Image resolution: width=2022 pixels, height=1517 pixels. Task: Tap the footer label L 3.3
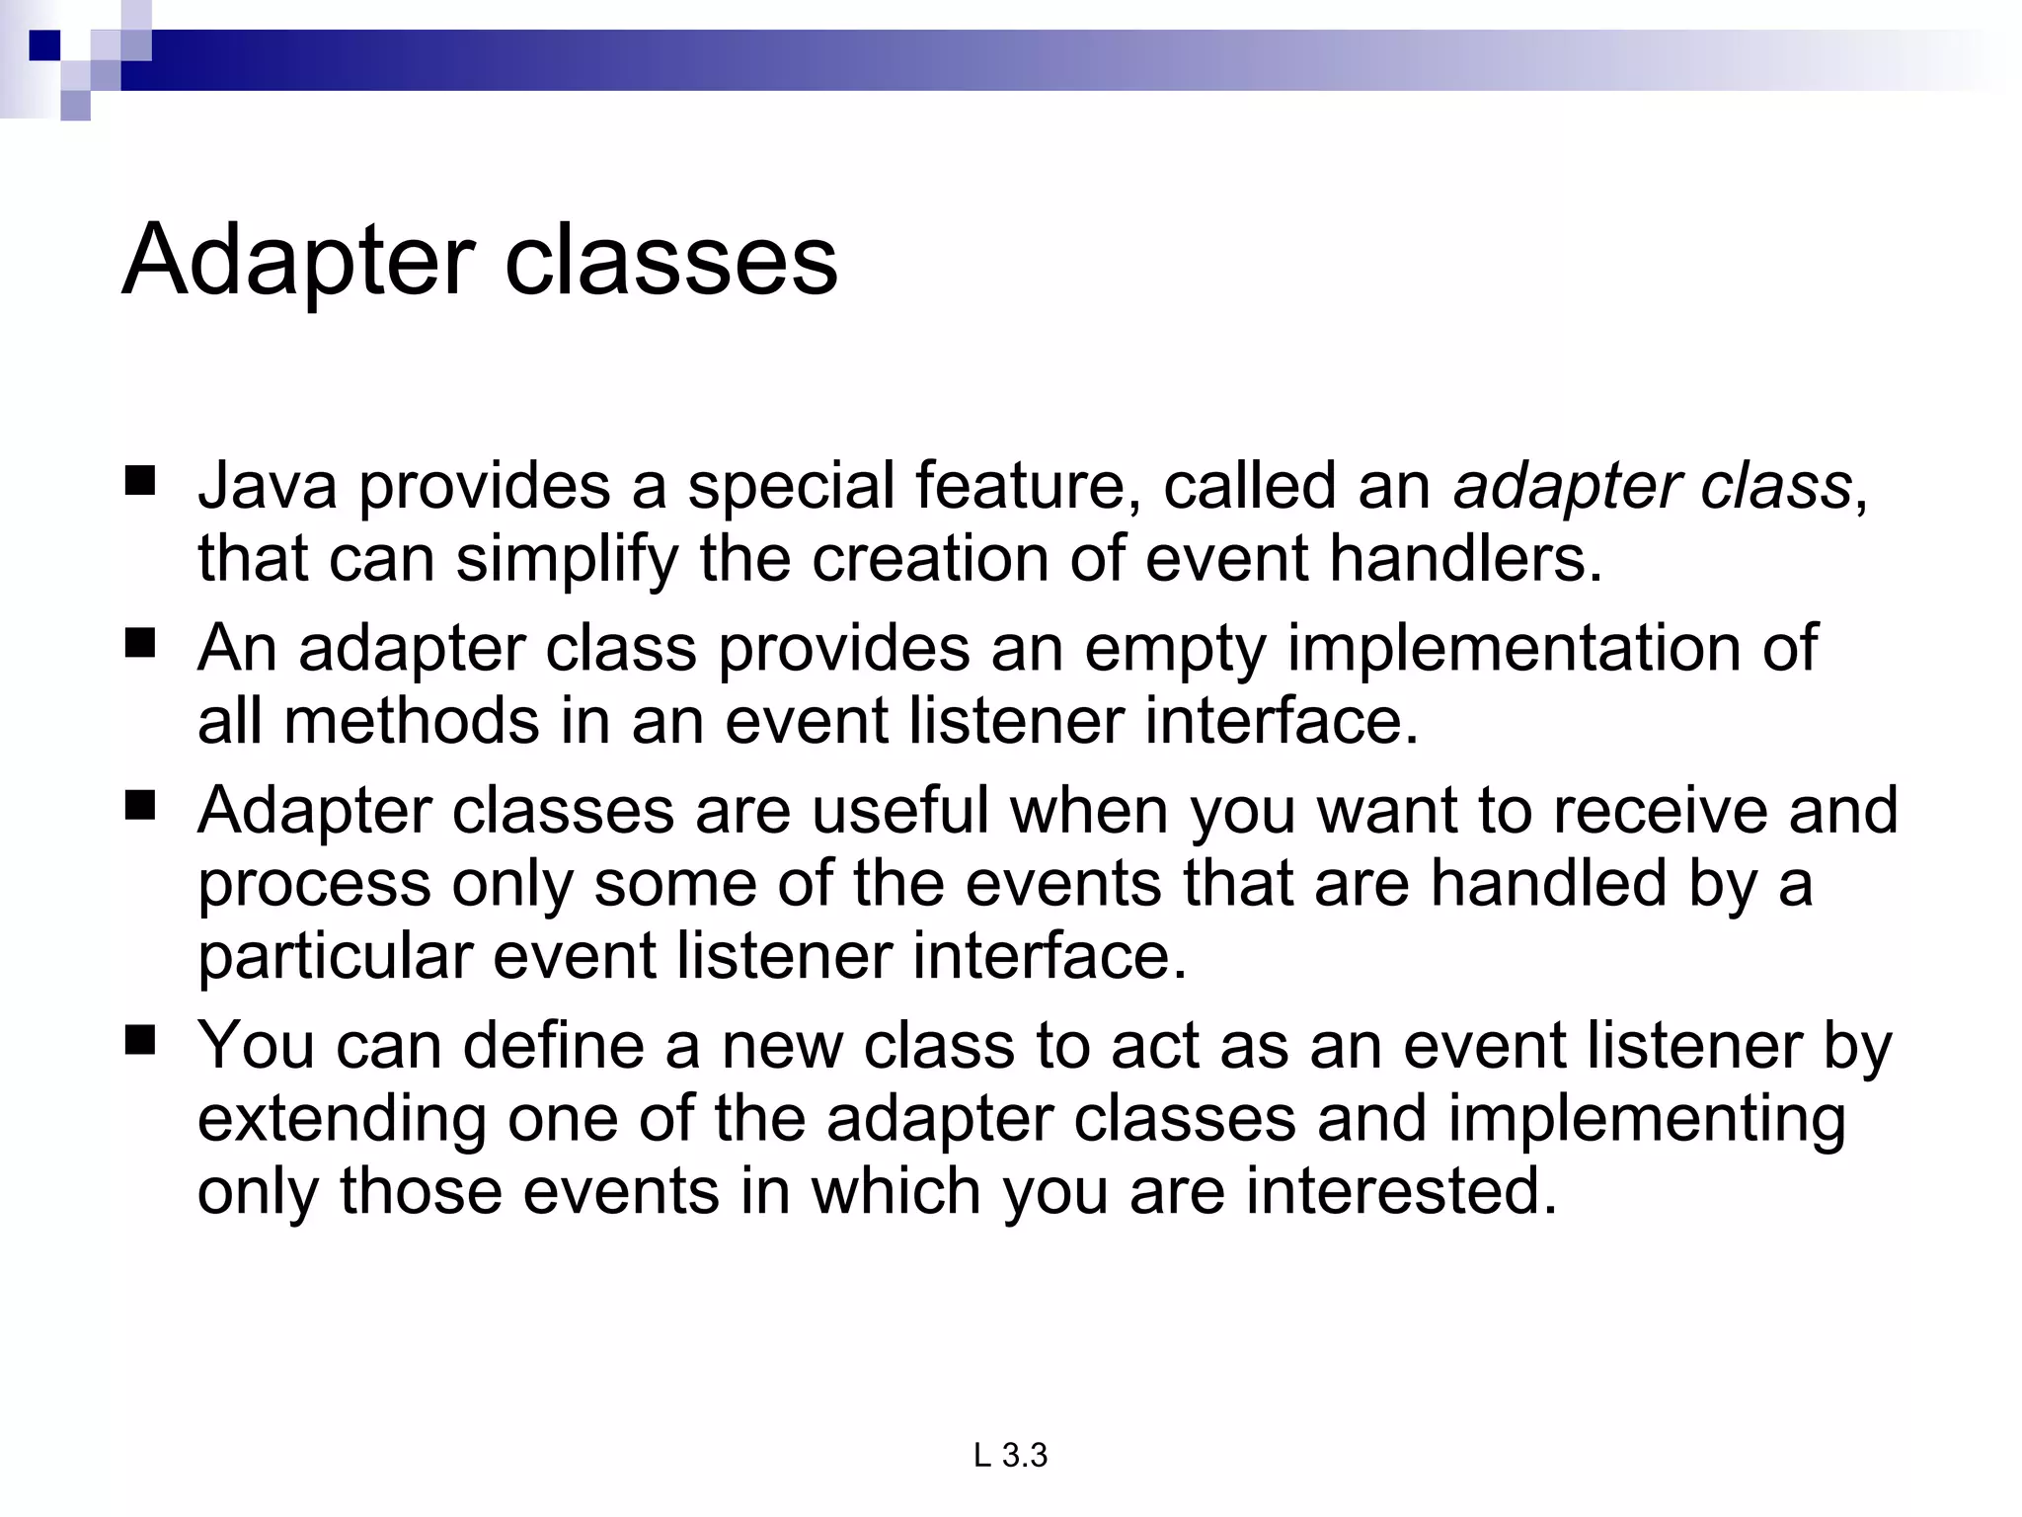pyautogui.click(x=1010, y=1455)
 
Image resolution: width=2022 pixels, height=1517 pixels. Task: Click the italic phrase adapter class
pyautogui.click(x=1652, y=486)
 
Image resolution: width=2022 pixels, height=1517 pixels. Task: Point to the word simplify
pyautogui.click(x=567, y=559)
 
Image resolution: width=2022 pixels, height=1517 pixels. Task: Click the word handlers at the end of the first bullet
pyautogui.click(x=1465, y=559)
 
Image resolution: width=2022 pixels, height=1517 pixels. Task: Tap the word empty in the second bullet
pyautogui.click(x=1175, y=649)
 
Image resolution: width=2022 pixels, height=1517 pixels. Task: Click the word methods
pyautogui.click(x=412, y=721)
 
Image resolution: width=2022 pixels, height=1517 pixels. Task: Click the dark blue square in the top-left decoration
pyautogui.click(x=44, y=44)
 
